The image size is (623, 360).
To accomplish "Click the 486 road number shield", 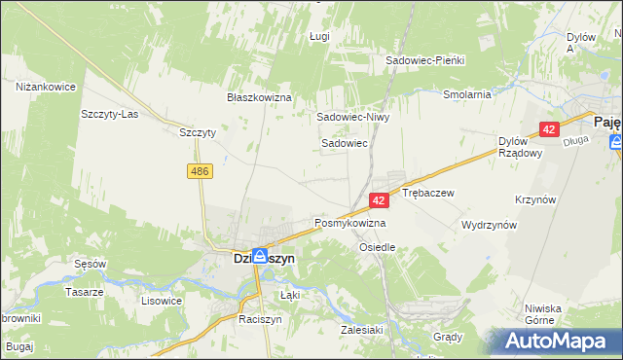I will coord(201,171).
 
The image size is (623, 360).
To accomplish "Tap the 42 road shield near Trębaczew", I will coord(381,199).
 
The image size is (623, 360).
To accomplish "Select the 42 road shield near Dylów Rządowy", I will coord(550,128).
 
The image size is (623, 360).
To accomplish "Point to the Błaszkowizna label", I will coord(260,98).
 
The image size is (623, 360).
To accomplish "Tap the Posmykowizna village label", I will coord(350,223).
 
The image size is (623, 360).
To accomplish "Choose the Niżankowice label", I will coord(46,87).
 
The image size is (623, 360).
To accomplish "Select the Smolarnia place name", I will coord(466,95).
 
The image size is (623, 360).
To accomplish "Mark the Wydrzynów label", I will coord(489,225).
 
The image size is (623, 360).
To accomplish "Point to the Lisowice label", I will coord(162,301).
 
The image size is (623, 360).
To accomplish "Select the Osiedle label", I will coord(378,247).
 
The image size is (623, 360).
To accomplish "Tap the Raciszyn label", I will coord(260,319).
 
